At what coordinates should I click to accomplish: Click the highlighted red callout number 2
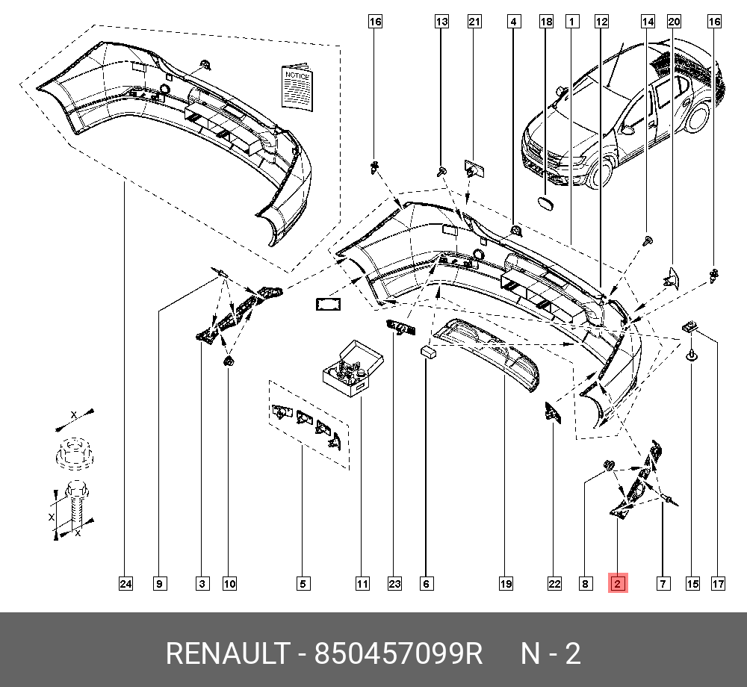[618, 583]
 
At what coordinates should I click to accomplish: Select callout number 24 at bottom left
[125, 583]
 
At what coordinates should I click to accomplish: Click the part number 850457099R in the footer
[399, 653]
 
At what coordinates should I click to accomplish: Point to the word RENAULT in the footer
[226, 653]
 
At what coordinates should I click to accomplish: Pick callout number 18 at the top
[547, 22]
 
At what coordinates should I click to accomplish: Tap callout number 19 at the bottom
[506, 583]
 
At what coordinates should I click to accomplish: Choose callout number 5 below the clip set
[303, 583]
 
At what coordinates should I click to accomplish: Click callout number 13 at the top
[442, 22]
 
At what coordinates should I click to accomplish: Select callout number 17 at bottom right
[718, 583]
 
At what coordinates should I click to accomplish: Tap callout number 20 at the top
[674, 22]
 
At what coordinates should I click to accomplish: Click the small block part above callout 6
[428, 352]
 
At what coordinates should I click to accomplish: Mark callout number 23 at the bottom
[394, 583]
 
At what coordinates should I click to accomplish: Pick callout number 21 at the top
[474, 22]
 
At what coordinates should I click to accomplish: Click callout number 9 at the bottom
[159, 583]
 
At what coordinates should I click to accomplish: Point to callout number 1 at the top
[571, 22]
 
